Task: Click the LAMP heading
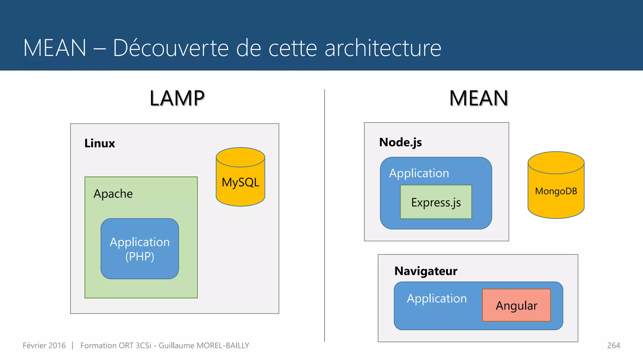[177, 98]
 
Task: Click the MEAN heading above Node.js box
[478, 98]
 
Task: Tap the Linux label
[100, 143]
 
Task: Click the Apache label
[113, 194]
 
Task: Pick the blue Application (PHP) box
[140, 249]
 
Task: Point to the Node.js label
[400, 142]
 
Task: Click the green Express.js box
[436, 202]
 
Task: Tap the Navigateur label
[426, 271]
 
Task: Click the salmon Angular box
[516, 305]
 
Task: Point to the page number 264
[613, 345]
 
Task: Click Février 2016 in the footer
[44, 345]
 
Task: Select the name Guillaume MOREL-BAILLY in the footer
[204, 345]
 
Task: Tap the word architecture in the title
[383, 48]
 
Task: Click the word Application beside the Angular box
[437, 298]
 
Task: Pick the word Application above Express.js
[419, 173]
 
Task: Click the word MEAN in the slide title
[55, 48]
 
